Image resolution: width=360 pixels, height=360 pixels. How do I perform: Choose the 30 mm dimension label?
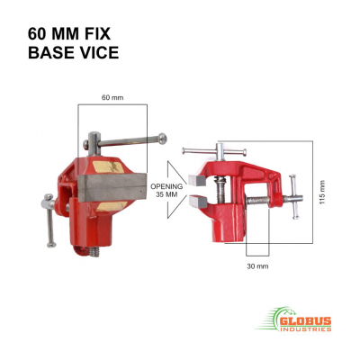(256, 266)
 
